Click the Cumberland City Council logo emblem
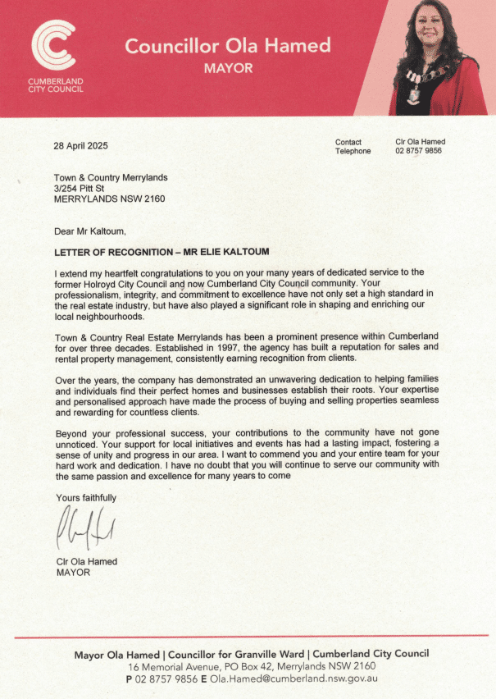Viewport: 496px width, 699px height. [52, 45]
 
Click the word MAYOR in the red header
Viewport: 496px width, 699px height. [228, 68]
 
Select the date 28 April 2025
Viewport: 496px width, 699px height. [81, 146]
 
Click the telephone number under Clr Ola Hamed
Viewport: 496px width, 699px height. [418, 151]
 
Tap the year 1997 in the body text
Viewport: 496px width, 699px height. [198, 347]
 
